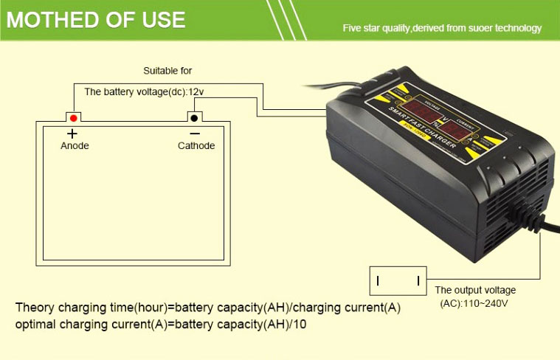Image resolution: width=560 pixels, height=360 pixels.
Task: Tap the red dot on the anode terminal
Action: click(x=73, y=117)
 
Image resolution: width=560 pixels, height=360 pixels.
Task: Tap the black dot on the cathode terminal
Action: click(x=195, y=117)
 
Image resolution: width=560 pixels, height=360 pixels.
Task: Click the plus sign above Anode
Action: click(x=72, y=134)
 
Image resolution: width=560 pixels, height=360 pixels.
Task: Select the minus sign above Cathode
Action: click(x=195, y=134)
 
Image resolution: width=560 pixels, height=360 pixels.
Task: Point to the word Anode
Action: click(x=75, y=146)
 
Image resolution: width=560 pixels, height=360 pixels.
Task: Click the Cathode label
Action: click(x=196, y=146)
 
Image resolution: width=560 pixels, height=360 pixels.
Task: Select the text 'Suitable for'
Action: click(x=167, y=71)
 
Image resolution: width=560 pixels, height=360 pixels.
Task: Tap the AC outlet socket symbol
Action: click(x=398, y=280)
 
